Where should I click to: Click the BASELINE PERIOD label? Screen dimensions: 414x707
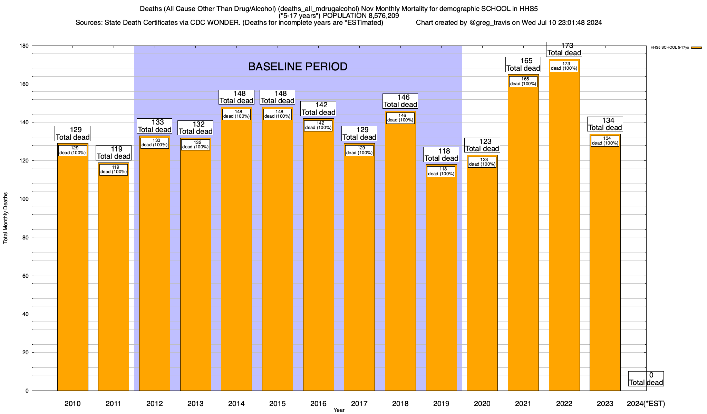click(x=298, y=67)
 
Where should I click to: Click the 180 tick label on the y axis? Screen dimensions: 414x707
click(x=24, y=46)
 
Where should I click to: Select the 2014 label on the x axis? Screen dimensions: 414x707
click(x=236, y=404)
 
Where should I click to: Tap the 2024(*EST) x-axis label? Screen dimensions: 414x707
click(x=646, y=404)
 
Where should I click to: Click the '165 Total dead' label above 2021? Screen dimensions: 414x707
click(x=523, y=65)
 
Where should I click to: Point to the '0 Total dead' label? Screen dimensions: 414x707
click(x=646, y=379)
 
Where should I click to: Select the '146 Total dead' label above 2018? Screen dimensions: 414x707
click(x=400, y=101)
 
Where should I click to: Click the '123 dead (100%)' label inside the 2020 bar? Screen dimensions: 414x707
click(x=482, y=162)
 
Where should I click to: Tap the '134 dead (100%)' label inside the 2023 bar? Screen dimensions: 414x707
click(x=605, y=141)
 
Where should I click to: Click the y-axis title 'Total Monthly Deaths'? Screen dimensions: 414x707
click(x=6, y=218)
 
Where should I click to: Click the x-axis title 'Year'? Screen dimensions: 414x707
click(x=339, y=410)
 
